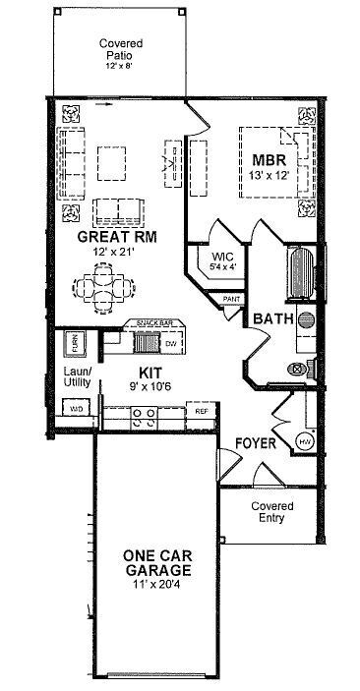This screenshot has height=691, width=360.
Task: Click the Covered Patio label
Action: point(121,50)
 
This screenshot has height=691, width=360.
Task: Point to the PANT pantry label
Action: point(233,298)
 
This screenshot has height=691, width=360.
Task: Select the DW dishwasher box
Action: point(171,344)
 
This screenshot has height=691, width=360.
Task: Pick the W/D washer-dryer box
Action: point(75,407)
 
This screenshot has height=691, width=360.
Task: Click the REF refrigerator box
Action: point(201,411)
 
